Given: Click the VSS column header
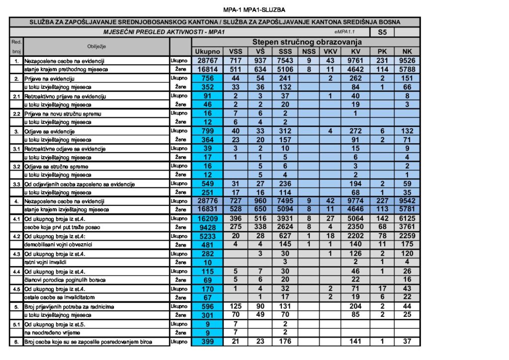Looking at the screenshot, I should (235, 52).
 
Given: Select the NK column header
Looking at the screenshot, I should (407, 52).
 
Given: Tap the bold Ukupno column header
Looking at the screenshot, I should (207, 52).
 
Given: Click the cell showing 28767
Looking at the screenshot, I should (207, 61).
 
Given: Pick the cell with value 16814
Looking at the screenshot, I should (207, 70).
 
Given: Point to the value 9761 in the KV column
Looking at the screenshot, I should (355, 61).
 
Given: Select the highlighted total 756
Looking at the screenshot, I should (207, 79).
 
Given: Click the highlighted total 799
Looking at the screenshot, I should (207, 131).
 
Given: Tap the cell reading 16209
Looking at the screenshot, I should (207, 219).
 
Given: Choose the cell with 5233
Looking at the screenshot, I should (207, 237).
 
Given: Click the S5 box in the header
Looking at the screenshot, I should (382, 32).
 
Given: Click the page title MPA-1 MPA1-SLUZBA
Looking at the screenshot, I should (254, 9).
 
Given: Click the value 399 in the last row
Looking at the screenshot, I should (207, 342).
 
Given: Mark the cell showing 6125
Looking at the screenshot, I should (407, 219).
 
